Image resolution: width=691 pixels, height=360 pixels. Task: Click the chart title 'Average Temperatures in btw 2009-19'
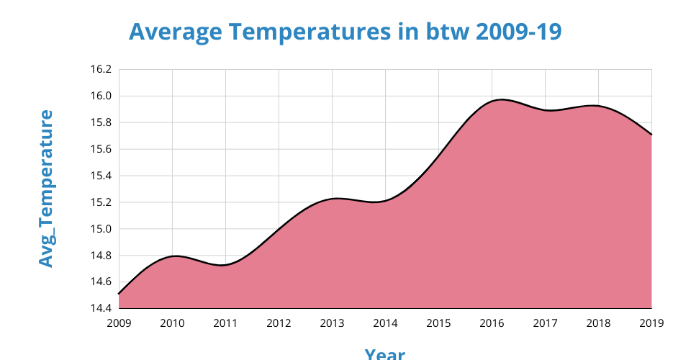click(345, 32)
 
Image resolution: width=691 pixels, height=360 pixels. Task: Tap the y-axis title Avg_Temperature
click(46, 189)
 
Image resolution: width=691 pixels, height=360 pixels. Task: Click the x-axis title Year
click(384, 354)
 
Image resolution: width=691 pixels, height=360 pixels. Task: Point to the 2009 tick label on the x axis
click(119, 323)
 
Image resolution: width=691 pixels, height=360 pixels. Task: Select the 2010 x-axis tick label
click(172, 323)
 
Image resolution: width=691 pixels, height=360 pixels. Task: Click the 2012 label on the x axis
click(279, 323)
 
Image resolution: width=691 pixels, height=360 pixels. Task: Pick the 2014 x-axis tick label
click(385, 323)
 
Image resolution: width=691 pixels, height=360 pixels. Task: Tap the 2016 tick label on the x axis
click(492, 323)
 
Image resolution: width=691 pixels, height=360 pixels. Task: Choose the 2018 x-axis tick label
click(598, 323)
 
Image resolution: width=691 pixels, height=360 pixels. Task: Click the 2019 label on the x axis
click(651, 323)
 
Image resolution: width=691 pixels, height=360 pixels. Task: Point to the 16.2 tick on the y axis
click(101, 70)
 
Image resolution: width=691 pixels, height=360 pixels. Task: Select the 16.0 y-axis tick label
click(101, 96)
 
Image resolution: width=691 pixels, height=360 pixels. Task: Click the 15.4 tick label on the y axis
click(101, 176)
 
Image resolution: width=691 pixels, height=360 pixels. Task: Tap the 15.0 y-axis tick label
click(101, 230)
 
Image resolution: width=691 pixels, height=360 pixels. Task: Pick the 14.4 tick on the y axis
click(101, 309)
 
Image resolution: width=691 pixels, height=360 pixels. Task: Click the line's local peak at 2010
click(175, 256)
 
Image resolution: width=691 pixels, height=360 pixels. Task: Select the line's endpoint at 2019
click(651, 135)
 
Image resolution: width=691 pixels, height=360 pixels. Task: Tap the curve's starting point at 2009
click(119, 294)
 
